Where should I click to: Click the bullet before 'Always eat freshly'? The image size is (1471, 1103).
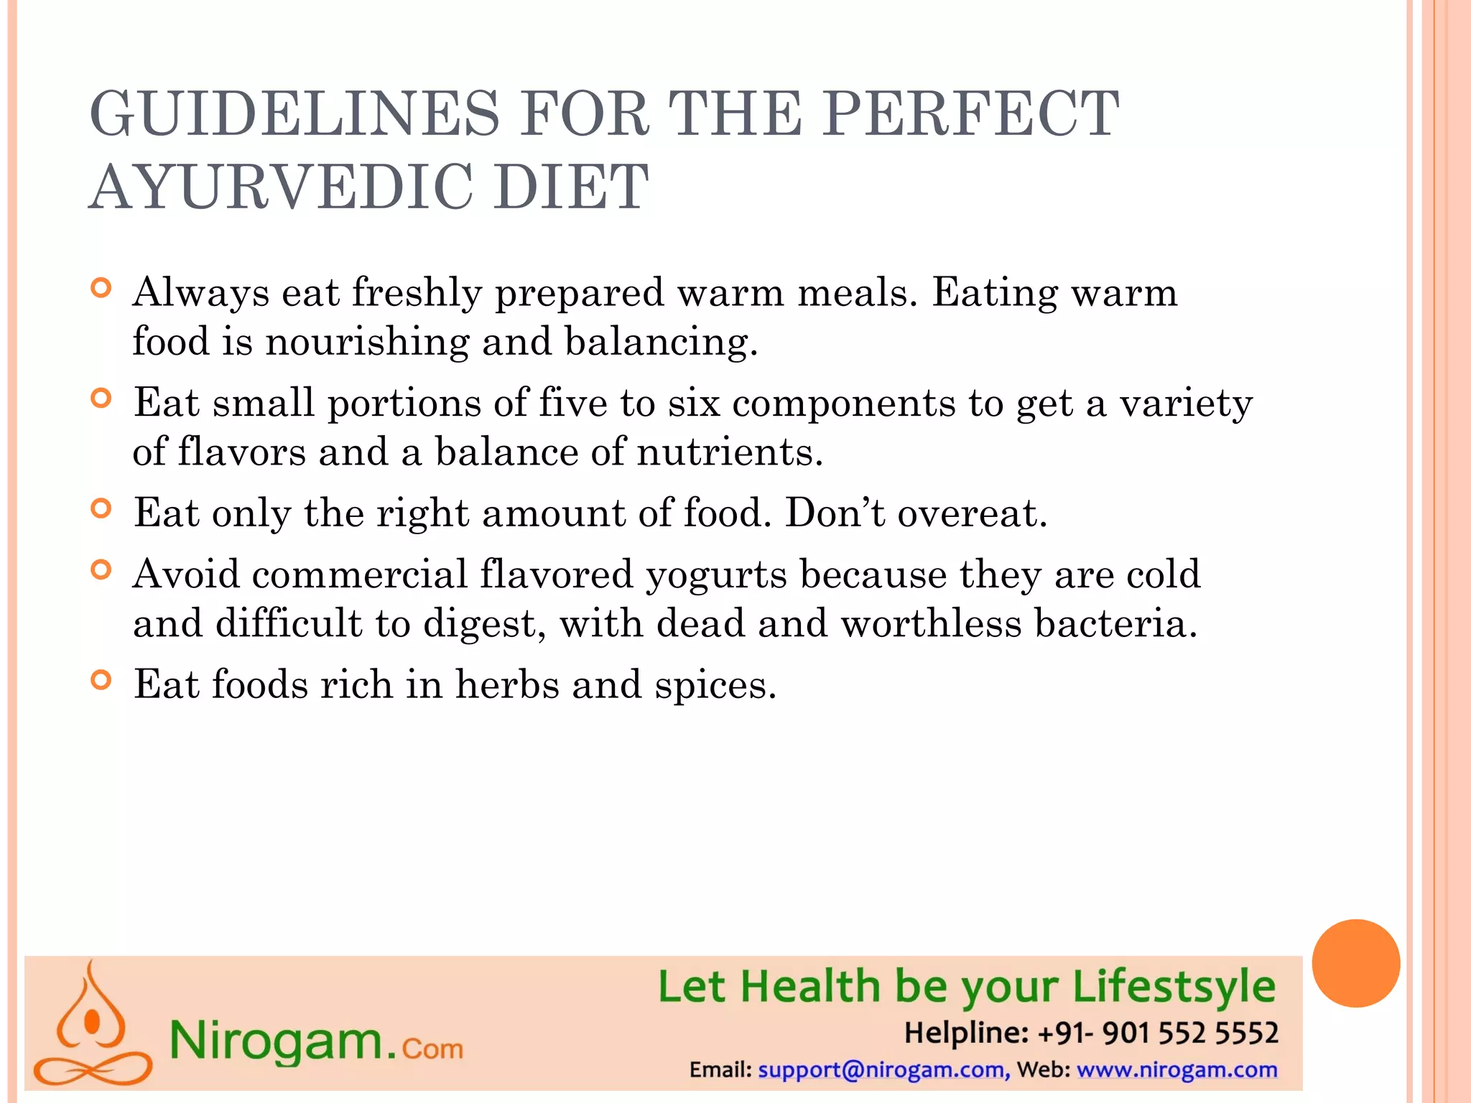(x=102, y=289)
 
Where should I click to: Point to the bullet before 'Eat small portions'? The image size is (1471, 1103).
(x=102, y=399)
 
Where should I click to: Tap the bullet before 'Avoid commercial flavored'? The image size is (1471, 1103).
(x=102, y=570)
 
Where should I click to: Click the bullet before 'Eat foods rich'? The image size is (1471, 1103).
(x=102, y=680)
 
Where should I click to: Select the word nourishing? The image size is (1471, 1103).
(x=367, y=342)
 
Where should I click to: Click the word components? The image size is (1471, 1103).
(x=844, y=403)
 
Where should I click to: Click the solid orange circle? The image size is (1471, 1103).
(x=1355, y=963)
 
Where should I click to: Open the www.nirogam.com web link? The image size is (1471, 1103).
(x=1177, y=1070)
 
